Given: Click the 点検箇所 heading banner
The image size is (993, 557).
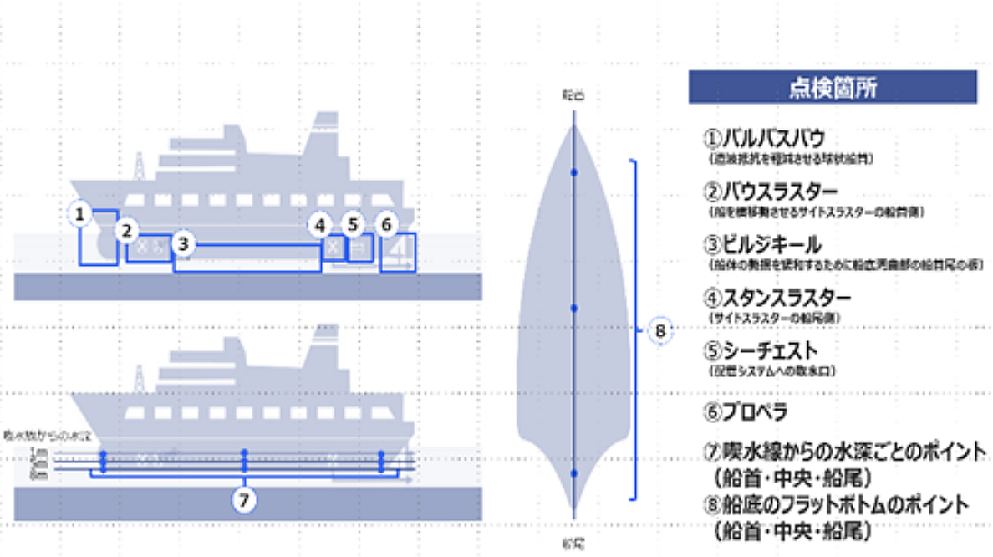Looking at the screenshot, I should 833,87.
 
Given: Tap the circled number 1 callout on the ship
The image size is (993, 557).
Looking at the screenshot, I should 80,215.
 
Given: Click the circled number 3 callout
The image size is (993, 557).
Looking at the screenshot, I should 185,244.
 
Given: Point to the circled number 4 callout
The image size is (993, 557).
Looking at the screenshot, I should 318,225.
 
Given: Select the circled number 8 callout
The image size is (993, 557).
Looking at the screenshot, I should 660,332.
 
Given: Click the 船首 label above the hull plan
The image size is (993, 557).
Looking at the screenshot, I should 573,97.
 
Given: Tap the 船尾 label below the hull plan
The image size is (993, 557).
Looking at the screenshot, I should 573,544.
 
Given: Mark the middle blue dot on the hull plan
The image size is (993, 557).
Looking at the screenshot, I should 574,309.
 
